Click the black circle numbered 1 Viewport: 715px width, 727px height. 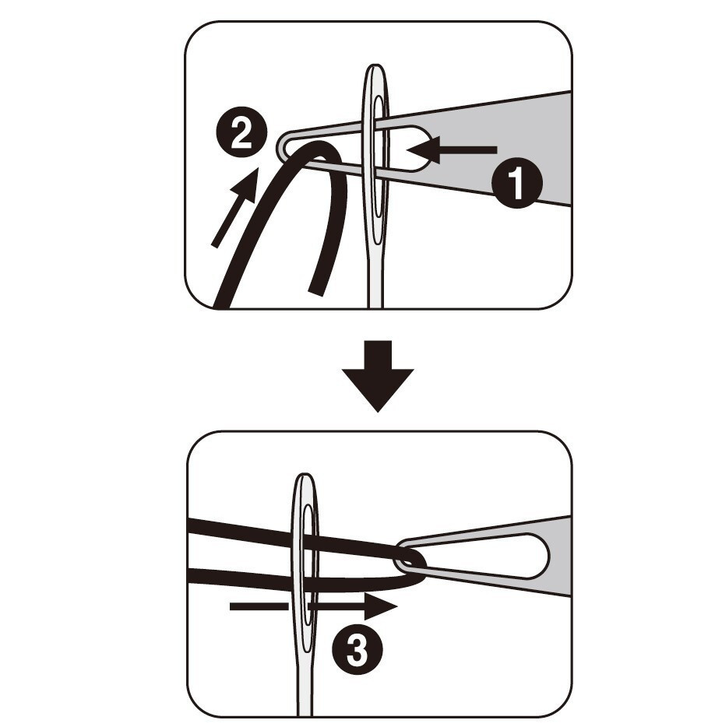pos(516,184)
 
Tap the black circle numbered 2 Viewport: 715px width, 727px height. pos(241,132)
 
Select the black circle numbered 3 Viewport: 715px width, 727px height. pos(357,648)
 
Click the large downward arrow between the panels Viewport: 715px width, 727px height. pos(378,376)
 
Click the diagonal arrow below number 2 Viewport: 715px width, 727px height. pos(235,207)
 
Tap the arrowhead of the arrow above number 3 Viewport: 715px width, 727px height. pos(381,606)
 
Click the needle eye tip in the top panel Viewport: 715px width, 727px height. pos(375,66)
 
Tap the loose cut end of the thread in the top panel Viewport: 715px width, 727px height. pos(316,290)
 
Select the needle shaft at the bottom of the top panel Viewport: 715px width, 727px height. pos(375,278)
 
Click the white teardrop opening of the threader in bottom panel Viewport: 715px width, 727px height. pos(498,556)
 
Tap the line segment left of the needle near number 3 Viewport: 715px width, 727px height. pos(259,606)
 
